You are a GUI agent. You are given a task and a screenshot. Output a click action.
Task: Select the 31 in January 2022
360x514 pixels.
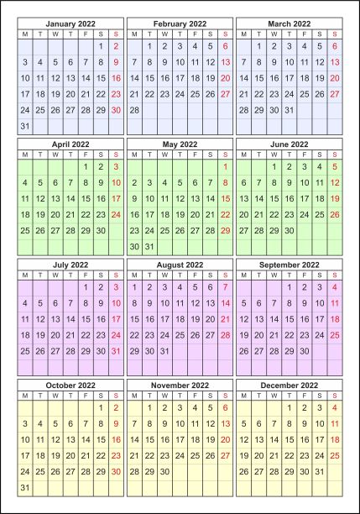(24, 125)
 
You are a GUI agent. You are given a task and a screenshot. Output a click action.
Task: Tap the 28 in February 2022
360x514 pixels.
(134, 109)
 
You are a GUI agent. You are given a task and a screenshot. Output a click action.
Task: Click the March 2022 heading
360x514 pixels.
(290, 24)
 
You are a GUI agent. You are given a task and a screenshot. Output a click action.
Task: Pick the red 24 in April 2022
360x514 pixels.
(116, 214)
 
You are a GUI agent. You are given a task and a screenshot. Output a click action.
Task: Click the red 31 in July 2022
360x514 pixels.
(116, 351)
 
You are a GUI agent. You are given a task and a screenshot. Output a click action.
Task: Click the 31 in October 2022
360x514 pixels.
(24, 487)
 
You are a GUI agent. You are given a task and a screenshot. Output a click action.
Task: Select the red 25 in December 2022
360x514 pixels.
(335, 456)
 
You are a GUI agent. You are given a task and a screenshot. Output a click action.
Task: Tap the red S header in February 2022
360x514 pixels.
(225, 34)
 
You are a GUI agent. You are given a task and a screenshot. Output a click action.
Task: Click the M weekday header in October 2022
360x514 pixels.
(24, 396)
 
